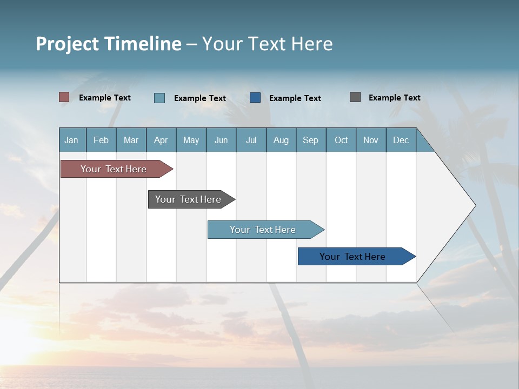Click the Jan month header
point(72,140)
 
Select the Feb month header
point(101,140)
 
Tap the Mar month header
point(131,140)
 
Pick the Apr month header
point(161,140)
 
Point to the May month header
point(191,140)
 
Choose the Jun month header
point(221,140)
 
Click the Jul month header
point(251,140)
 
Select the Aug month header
point(281,140)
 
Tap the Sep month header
point(311,140)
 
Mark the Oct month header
point(341,140)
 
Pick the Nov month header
point(371,140)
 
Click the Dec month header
point(401,140)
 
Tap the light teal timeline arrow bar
point(263,230)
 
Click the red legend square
point(64,97)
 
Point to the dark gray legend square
point(355,97)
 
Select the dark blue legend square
point(255,98)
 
